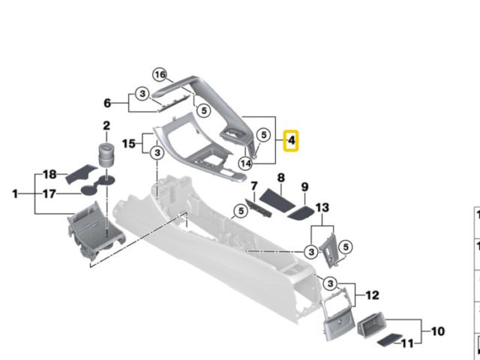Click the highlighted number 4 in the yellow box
[291, 140]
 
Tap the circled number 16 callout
[160, 74]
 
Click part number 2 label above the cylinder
[106, 126]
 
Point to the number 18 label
[49, 174]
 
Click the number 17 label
[49, 193]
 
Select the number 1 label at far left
[15, 194]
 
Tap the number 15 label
[127, 142]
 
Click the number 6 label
[107, 103]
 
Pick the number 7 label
[254, 186]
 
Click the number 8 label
[281, 177]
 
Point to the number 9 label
[305, 187]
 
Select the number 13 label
[322, 207]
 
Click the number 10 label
[439, 330]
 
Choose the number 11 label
[407, 343]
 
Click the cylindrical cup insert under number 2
[104, 157]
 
